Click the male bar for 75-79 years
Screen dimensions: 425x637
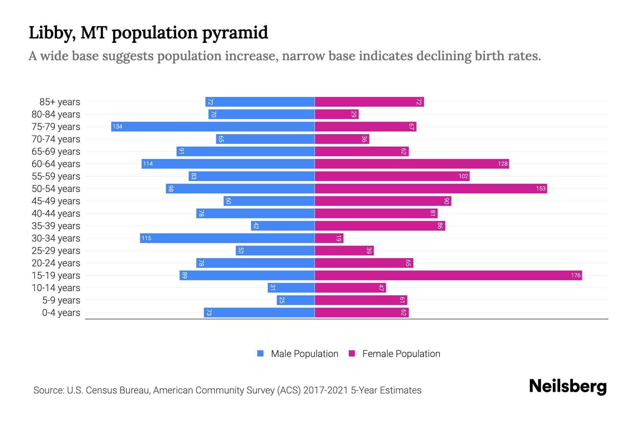click(x=213, y=126)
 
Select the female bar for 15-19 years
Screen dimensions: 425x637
click(x=448, y=275)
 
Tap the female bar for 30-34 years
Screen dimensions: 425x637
click(x=329, y=238)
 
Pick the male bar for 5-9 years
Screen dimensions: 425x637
click(x=295, y=300)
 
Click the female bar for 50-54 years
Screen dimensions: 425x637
click(x=431, y=188)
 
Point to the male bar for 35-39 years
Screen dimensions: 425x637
click(x=283, y=226)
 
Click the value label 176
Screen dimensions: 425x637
click(x=575, y=275)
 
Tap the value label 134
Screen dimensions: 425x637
click(x=117, y=126)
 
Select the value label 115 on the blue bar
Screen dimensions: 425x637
click(x=146, y=238)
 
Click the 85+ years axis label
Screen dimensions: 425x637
click(x=60, y=102)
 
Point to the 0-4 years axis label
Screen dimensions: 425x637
click(x=61, y=313)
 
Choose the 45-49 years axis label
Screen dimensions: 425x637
click(x=56, y=201)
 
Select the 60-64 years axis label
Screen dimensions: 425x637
click(x=56, y=164)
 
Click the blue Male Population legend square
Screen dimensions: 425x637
click(x=260, y=353)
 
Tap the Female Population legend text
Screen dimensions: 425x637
click(x=401, y=353)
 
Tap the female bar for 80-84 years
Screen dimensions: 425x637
click(x=337, y=114)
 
